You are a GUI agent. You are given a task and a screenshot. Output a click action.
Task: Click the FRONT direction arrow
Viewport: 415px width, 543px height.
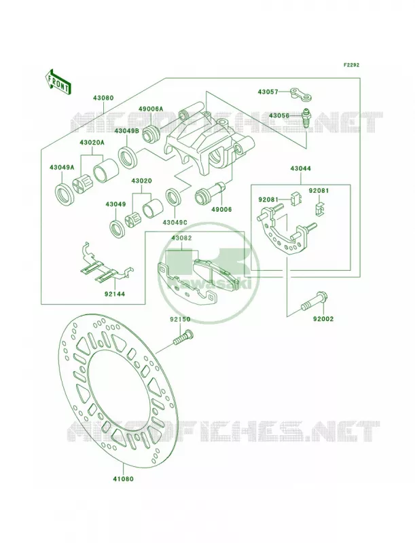58,81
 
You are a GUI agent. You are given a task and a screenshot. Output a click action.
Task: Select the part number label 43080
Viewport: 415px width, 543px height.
103,98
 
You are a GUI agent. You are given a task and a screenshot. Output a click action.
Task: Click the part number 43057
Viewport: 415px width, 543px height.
268,92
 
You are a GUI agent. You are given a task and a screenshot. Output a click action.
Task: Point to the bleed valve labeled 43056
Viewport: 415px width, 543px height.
306,119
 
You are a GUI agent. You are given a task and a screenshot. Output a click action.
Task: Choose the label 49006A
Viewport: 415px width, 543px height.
151,109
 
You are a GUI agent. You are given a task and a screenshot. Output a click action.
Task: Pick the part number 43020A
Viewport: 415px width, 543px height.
92,143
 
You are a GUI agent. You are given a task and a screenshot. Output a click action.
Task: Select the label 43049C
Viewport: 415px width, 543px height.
175,222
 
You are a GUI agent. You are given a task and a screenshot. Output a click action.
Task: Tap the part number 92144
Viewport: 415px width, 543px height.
114,295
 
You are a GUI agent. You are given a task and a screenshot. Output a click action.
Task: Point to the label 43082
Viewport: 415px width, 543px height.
181,238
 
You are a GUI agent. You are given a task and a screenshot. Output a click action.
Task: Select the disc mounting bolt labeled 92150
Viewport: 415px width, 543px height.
183,337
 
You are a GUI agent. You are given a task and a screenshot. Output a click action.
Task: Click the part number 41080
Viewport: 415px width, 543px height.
123,479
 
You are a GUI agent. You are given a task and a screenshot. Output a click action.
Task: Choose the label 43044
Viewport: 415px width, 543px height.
300,168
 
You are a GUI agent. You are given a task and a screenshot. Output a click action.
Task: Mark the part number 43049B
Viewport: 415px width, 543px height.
127,131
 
